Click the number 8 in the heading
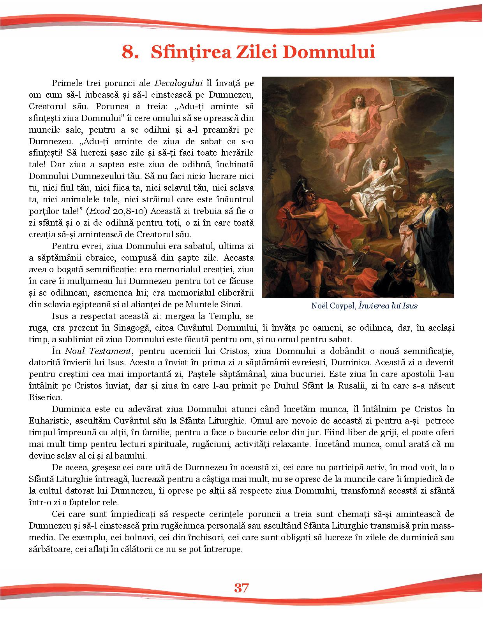[x=129, y=52]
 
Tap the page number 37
[x=241, y=587]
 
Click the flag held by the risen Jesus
[x=389, y=94]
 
